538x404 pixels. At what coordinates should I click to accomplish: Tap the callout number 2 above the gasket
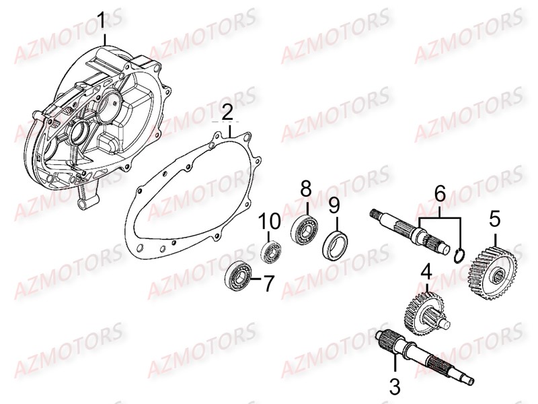[227, 112]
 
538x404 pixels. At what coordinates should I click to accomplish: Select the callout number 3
[395, 386]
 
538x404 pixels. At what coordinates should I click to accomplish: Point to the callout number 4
[427, 273]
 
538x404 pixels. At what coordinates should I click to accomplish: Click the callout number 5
[495, 220]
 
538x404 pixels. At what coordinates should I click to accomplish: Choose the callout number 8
[306, 190]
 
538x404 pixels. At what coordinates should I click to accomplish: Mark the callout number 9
[334, 206]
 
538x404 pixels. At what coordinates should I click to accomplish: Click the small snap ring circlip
[459, 256]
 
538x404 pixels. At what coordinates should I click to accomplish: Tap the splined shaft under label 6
[411, 232]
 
